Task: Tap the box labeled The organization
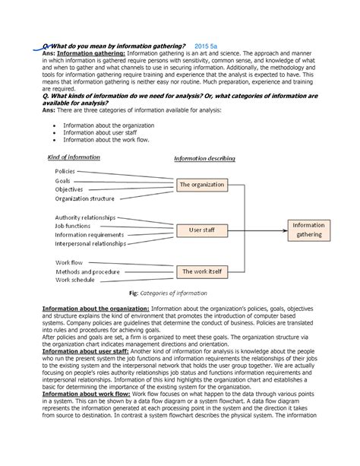pyautogui.click(x=202, y=184)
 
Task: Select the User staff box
pyautogui.click(x=202, y=228)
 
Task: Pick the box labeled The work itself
pyautogui.click(x=202, y=271)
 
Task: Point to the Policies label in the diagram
pyautogui.click(x=66, y=171)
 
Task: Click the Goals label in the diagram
pyautogui.click(x=63, y=181)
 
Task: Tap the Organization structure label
pyautogui.click(x=85, y=199)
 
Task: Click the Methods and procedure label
pyautogui.click(x=87, y=271)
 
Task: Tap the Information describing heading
pyautogui.click(x=204, y=158)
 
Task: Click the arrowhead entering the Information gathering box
pyautogui.click(x=286, y=228)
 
